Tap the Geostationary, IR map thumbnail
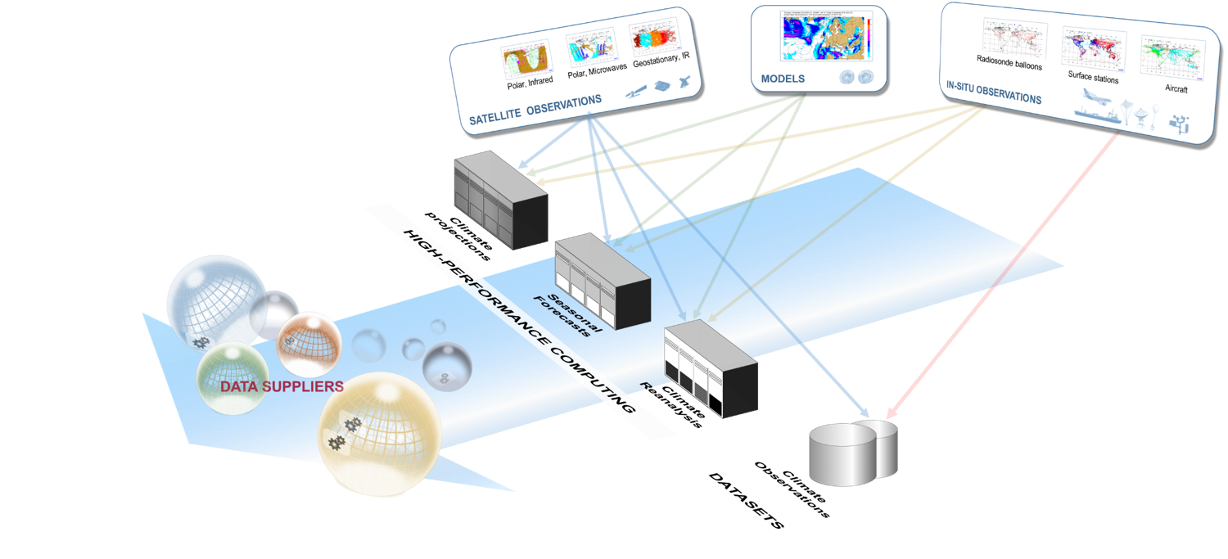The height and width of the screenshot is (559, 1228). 656,42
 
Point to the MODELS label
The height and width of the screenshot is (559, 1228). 783,79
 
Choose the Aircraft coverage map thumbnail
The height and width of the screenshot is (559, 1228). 1169,57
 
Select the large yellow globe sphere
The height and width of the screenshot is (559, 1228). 378,434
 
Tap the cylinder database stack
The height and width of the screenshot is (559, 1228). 852,452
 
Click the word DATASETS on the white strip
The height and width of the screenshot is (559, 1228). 745,500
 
